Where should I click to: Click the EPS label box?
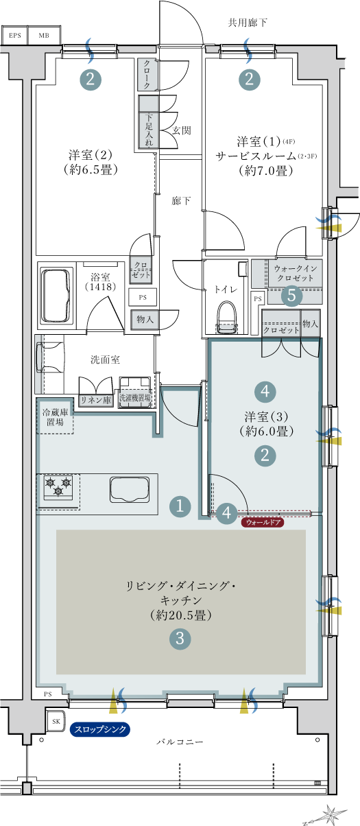pos(15,36)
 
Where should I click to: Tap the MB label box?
pos(44,36)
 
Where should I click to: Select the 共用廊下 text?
pos(248,23)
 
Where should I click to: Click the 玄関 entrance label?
pos(182,130)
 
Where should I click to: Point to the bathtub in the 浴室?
pos(56,297)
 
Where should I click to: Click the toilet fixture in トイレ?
pos(226,317)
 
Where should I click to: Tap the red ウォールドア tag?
pos(263,522)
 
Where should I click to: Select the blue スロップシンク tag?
pos(100,729)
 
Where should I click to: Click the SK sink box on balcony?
pos(56,721)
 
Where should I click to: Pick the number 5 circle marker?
pos(291,295)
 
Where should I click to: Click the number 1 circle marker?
pos(180,506)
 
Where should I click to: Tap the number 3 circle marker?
pos(180,638)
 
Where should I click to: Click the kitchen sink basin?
pos(130,490)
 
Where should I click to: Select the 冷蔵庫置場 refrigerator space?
pos(55,417)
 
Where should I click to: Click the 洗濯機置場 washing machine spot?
pos(135,397)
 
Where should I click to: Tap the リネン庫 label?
pos(96,400)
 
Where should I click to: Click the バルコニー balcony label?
pos(180,742)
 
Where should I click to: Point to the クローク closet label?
pos(147,75)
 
